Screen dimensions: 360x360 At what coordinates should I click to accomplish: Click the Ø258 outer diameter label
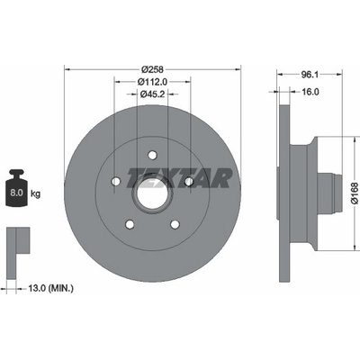click(153, 69)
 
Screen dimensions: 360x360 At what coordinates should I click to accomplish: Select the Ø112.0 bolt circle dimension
click(152, 81)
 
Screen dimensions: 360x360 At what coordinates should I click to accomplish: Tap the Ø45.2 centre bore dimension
click(153, 94)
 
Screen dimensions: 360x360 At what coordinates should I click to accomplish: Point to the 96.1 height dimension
click(310, 75)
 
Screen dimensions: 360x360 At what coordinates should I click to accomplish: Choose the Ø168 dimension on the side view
click(355, 193)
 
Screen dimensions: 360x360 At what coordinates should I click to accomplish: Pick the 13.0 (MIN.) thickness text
click(50, 289)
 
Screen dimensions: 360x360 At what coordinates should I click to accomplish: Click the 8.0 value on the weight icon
click(16, 193)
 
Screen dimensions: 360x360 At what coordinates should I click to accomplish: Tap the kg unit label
click(35, 193)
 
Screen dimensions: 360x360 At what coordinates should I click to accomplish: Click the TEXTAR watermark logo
click(179, 177)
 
